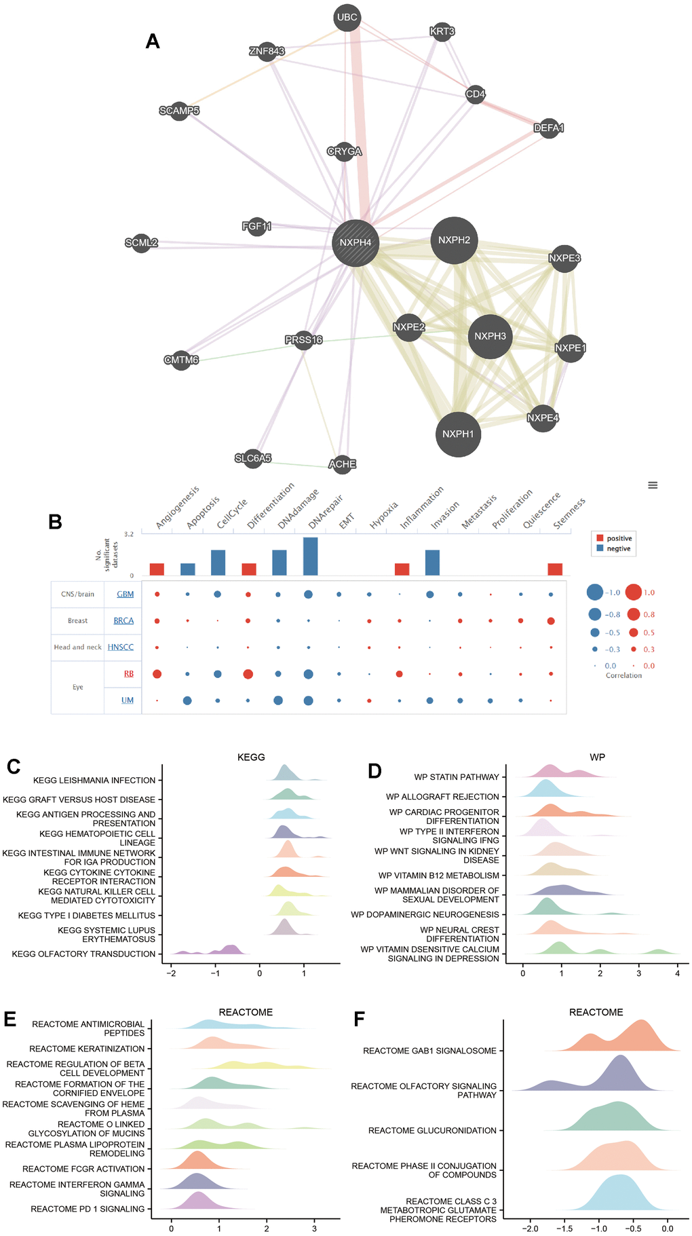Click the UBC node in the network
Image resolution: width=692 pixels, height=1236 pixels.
tap(347, 18)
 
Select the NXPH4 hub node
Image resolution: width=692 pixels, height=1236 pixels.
tap(355, 242)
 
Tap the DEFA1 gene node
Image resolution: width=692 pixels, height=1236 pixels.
tap(549, 128)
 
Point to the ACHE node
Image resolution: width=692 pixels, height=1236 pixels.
tap(342, 464)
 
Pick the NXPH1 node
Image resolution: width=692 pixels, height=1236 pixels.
tap(458, 434)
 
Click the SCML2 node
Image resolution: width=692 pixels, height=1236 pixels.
tap(141, 242)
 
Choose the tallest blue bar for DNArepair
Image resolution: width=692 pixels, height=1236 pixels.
tap(310, 557)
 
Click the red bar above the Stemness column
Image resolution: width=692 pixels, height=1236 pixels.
tap(555, 569)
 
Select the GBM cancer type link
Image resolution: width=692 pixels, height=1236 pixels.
tap(126, 594)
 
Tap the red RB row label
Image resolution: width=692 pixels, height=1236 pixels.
tap(128, 674)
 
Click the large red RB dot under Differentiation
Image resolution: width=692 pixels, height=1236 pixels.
tap(248, 674)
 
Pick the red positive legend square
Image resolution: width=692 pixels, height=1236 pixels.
tap(600, 538)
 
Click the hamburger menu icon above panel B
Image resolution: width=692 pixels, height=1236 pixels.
tap(653, 485)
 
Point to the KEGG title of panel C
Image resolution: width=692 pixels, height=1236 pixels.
tap(251, 757)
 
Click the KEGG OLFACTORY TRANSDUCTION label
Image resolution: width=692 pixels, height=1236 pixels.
tap(84, 954)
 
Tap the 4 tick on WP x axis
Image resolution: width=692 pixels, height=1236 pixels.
tap(677, 973)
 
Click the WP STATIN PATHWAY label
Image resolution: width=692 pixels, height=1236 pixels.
tap(457, 777)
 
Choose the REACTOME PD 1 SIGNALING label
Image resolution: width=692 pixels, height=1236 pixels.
tap(88, 1209)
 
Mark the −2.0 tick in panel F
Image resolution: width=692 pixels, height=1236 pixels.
tap(530, 1229)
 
